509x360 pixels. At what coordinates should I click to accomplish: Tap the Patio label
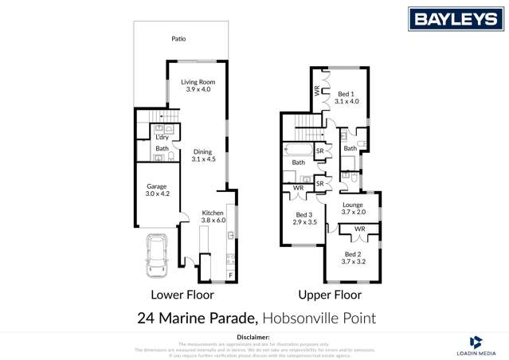tap(180, 38)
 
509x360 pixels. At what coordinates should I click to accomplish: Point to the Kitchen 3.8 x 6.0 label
tap(213, 216)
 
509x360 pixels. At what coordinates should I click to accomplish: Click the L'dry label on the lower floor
tap(162, 137)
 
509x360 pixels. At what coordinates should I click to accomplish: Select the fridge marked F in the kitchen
tap(231, 276)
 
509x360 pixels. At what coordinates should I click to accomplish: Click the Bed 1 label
tap(347, 97)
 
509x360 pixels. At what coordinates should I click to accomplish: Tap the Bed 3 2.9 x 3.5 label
tap(304, 218)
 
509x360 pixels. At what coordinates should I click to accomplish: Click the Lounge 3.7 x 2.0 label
tap(353, 209)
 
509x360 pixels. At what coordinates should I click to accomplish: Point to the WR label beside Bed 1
tap(317, 92)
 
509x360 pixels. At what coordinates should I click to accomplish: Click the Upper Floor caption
tap(330, 295)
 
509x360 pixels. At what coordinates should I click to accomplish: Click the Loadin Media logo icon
tap(476, 342)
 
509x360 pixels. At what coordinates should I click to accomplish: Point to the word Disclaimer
tap(254, 338)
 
